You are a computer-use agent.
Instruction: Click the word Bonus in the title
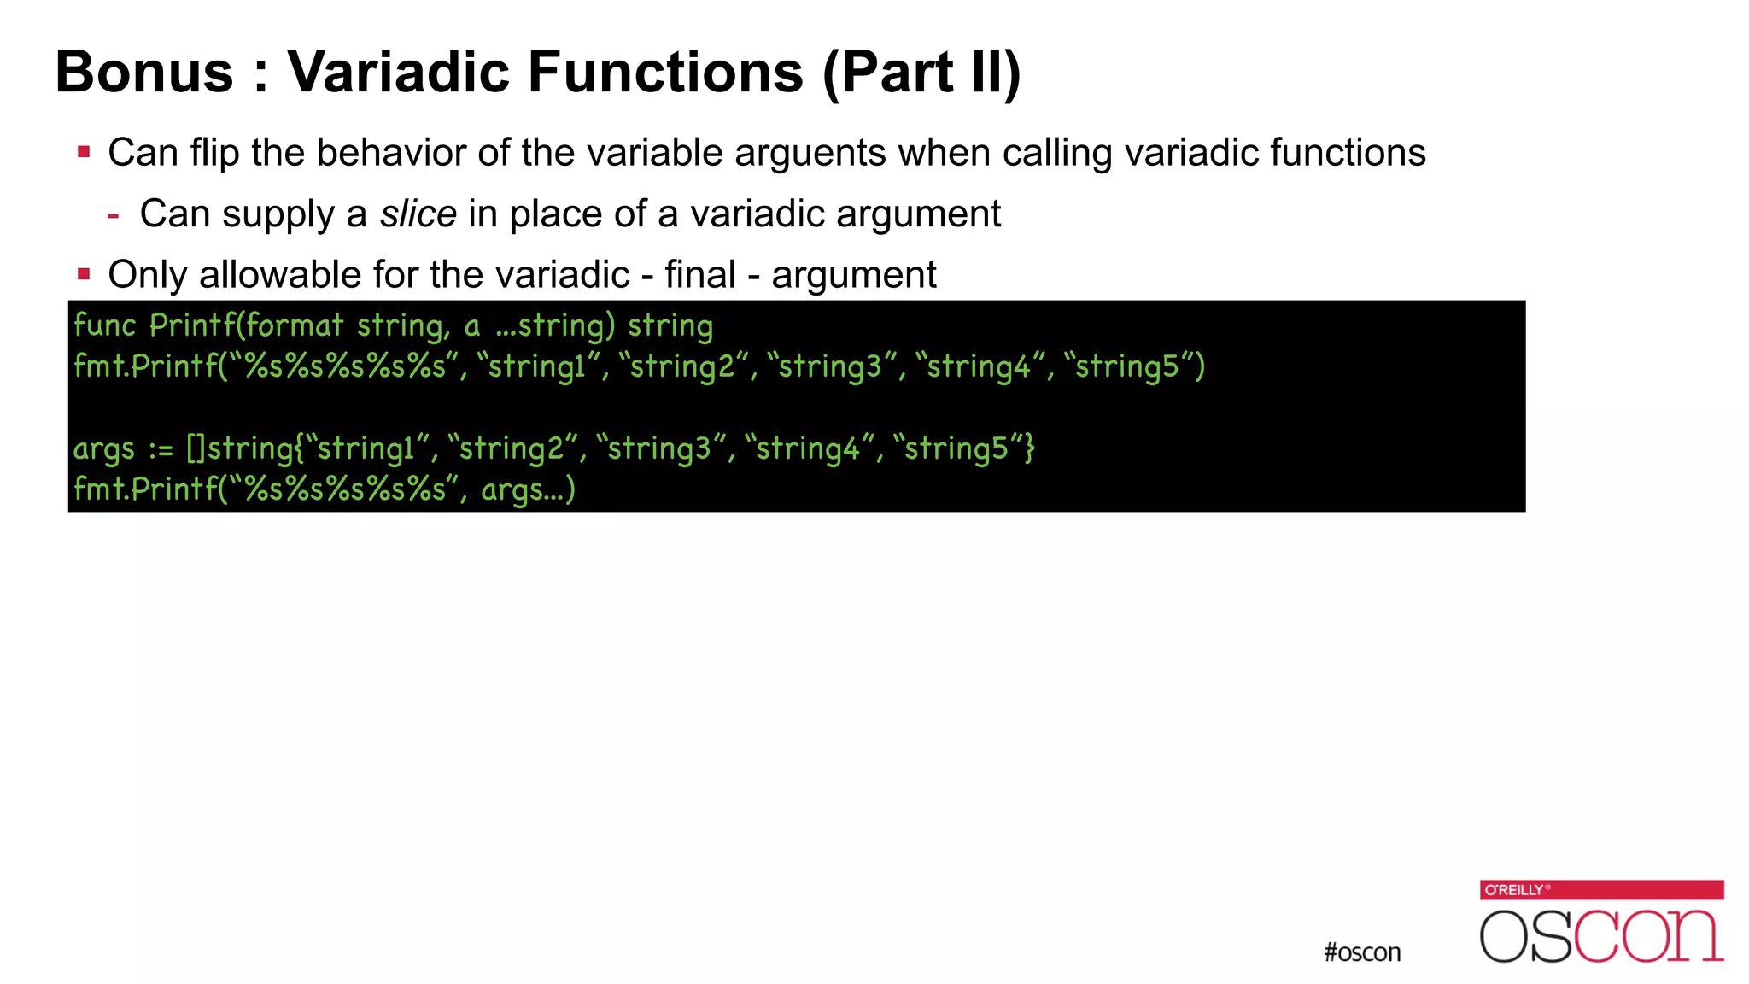tap(144, 72)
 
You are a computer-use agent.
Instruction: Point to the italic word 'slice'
tap(418, 214)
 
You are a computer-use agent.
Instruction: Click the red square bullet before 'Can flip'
tap(84, 153)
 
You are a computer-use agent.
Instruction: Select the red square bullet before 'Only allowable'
tap(84, 274)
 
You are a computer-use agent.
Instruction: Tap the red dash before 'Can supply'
tap(113, 215)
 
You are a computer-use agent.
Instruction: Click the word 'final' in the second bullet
tap(699, 275)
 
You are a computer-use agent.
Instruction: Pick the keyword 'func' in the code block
tap(104, 325)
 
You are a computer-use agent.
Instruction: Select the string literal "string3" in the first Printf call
tap(830, 366)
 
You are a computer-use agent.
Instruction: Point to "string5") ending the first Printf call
tap(1134, 366)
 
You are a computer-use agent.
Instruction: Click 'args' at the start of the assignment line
tap(104, 449)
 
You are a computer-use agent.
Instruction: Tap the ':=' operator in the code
tap(161, 449)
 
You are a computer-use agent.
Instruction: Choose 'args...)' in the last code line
tap(528, 489)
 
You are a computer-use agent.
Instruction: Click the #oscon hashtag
tap(1362, 952)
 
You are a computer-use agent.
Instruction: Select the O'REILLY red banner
tap(1601, 889)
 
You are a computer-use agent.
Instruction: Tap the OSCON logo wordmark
tap(1601, 936)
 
